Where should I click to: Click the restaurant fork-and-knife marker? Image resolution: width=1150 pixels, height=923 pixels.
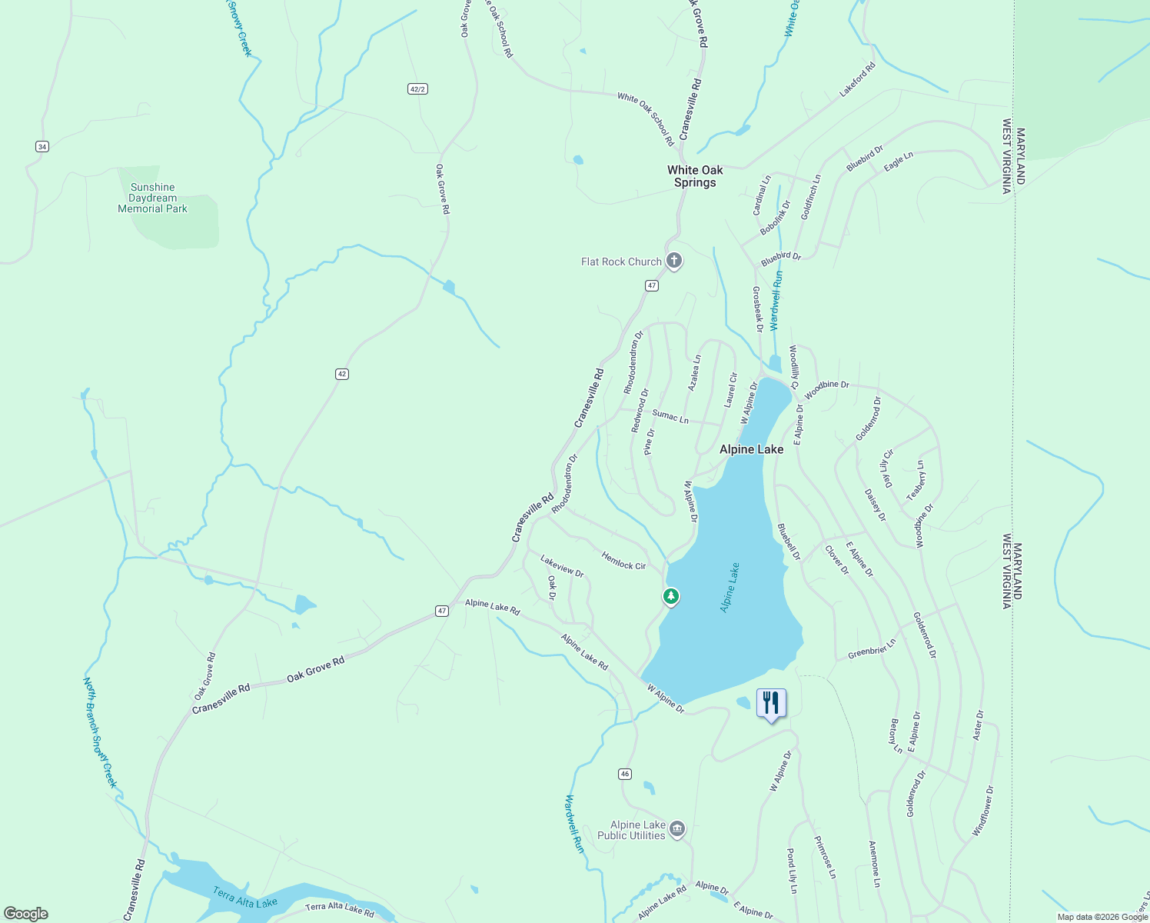coord(771,703)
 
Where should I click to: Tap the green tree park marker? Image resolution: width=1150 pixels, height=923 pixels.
coord(671,596)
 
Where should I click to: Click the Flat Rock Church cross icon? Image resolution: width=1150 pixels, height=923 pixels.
coord(673,261)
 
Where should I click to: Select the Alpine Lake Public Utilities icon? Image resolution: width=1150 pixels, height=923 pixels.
coord(677,829)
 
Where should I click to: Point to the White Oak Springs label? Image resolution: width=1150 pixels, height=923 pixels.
coord(695,176)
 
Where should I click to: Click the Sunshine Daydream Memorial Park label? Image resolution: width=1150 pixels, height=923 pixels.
coord(152,198)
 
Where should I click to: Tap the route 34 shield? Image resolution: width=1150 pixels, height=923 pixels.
coord(42,146)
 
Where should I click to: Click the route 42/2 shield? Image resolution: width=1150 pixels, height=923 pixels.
coord(417,89)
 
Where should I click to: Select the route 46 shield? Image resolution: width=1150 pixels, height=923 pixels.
coord(625,774)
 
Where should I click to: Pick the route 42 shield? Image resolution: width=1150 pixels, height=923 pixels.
coord(342,374)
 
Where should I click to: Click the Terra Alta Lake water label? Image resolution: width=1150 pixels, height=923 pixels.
coord(245,898)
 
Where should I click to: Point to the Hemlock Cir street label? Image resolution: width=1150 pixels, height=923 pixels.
coord(623,561)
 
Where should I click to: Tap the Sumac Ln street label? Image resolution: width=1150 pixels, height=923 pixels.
coord(670,416)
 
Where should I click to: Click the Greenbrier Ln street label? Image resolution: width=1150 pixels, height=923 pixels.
coord(872,648)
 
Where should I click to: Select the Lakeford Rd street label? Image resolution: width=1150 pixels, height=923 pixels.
coord(857,79)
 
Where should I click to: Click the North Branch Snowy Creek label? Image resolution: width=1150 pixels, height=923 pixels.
coord(100,732)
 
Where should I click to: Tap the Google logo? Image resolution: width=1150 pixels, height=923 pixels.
coord(26,914)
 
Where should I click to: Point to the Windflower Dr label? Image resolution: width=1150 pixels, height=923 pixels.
coord(982,811)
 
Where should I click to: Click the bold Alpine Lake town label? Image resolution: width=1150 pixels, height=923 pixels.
coord(751,449)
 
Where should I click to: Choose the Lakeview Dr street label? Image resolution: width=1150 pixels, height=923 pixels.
coord(562,566)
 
